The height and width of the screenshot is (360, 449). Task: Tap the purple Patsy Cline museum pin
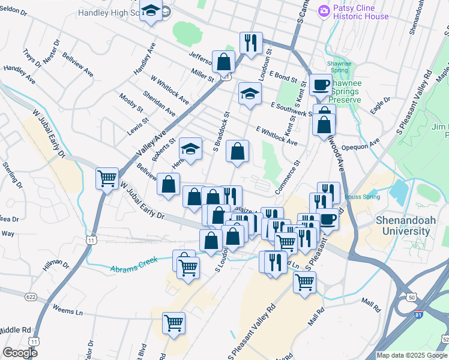(x=324, y=10)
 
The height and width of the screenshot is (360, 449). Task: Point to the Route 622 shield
(x=31, y=297)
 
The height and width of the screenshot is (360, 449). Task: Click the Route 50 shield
(x=411, y=297)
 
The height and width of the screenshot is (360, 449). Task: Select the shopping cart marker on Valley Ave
(x=107, y=178)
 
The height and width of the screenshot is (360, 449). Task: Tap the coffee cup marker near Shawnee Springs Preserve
(x=321, y=85)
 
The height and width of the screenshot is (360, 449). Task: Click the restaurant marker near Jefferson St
(x=251, y=42)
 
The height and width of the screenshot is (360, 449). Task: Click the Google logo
(x=20, y=352)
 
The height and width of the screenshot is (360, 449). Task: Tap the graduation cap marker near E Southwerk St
(x=250, y=94)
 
